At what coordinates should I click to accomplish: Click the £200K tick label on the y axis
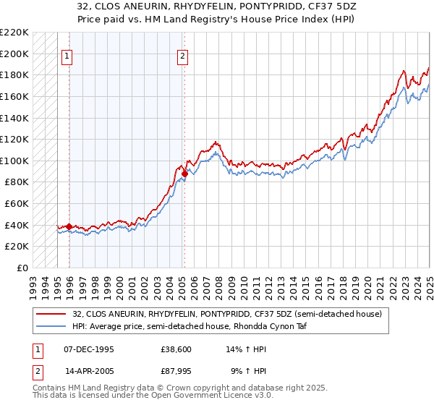click(14, 54)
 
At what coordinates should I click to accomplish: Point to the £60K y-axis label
click(17, 204)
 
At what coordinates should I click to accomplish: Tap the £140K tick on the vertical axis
click(14, 118)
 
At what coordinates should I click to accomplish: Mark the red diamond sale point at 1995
click(69, 226)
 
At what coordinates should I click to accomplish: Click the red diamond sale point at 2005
click(184, 174)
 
